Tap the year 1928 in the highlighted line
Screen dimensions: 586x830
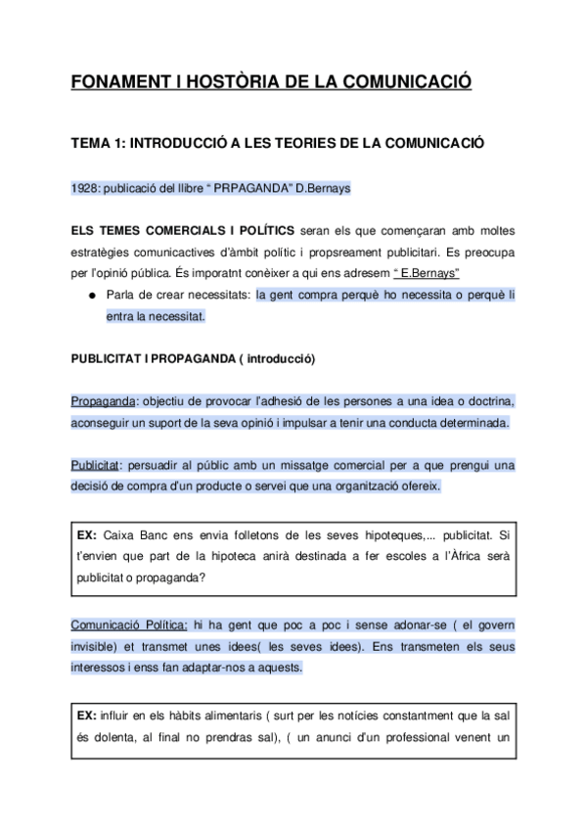point(84,187)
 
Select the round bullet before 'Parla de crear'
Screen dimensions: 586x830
point(91,295)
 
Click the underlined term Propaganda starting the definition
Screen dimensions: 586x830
point(102,402)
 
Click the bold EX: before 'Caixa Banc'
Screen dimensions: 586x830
point(86,535)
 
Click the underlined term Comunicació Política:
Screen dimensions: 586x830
point(129,624)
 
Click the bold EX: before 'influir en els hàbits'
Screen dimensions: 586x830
point(86,715)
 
